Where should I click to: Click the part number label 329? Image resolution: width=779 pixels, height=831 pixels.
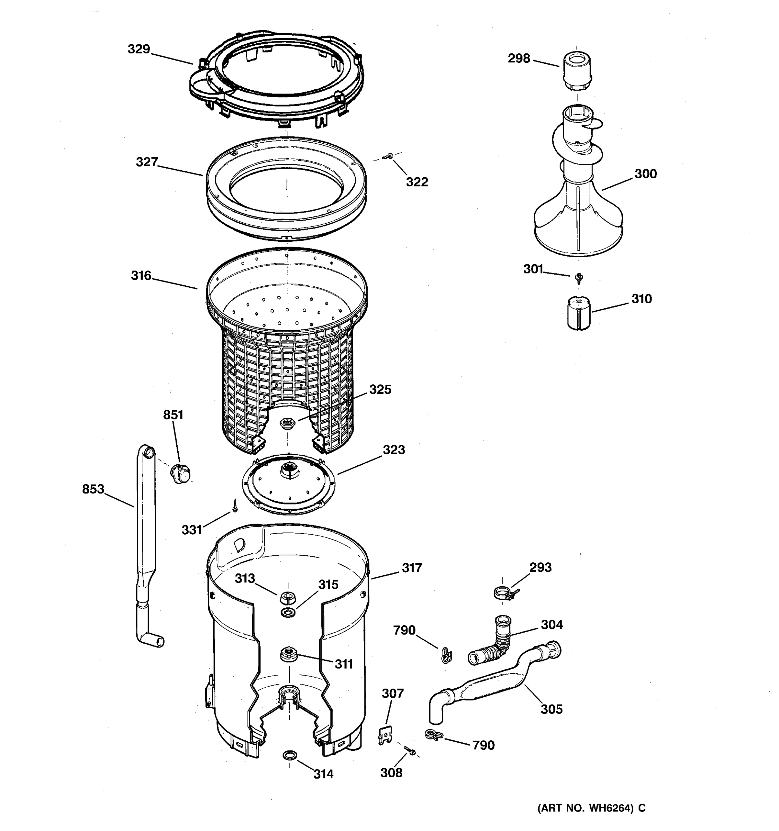coord(139,49)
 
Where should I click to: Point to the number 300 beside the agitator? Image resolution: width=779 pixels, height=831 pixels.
coord(646,174)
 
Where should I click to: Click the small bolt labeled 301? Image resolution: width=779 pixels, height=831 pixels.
coord(579,277)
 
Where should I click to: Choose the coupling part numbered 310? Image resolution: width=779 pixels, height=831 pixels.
coord(579,313)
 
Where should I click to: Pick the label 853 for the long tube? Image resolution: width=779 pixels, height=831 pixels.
coord(93,489)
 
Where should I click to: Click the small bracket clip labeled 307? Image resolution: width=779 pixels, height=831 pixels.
coord(385,735)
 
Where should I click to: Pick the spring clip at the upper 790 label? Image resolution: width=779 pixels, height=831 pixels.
coord(446,655)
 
